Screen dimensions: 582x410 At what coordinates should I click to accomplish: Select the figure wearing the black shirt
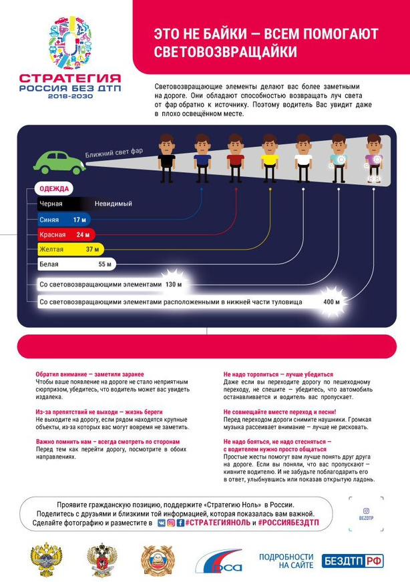click(166, 159)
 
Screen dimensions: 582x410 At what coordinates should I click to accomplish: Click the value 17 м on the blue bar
click(80, 220)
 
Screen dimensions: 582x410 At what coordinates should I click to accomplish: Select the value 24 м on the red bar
click(83, 234)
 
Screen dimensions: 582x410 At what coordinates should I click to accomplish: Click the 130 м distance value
click(174, 285)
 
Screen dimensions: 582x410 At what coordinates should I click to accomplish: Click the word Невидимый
click(113, 204)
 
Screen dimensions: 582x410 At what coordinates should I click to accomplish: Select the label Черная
click(51, 204)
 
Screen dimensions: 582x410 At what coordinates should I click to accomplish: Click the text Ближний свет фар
click(114, 154)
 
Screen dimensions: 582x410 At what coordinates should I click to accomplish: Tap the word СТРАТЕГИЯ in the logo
click(70, 77)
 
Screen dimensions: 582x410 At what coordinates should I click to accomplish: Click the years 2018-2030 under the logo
click(70, 96)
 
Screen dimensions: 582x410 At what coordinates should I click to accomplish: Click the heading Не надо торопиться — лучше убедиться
click(278, 374)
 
